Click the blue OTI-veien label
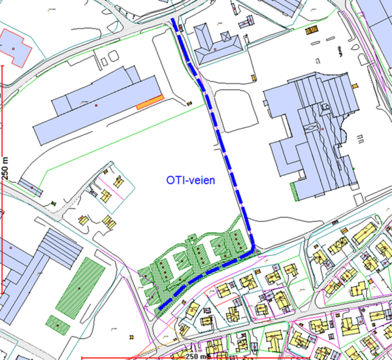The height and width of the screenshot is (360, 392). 195,178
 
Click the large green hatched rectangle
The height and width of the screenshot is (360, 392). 80,286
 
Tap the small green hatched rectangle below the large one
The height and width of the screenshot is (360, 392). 57,323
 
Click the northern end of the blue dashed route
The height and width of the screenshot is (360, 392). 173,22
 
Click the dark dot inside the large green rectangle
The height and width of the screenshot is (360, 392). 80,287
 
